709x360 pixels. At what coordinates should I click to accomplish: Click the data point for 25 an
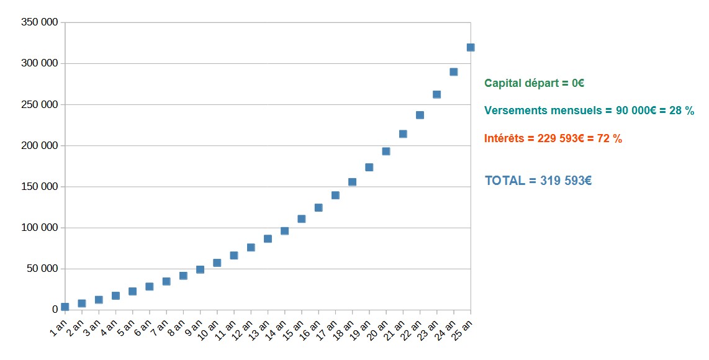(x=471, y=47)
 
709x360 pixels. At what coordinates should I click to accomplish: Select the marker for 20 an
(x=386, y=151)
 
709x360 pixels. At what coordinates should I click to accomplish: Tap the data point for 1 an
(x=65, y=307)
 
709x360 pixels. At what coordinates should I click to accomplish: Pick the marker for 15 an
(x=302, y=218)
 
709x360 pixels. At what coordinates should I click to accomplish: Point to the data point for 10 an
(x=217, y=263)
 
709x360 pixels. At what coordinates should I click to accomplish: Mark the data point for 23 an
(x=436, y=94)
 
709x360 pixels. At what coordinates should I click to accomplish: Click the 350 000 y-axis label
(x=40, y=22)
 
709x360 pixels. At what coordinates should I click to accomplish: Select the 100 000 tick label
(x=40, y=228)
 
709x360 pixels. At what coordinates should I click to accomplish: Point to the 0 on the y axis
(x=55, y=310)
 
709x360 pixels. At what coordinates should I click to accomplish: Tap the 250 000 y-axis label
(x=40, y=104)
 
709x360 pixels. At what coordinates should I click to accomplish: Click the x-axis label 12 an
(x=246, y=326)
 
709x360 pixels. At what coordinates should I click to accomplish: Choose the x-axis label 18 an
(x=348, y=326)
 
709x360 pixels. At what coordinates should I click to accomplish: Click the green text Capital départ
(x=520, y=83)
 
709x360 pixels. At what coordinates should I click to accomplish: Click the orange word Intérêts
(x=504, y=138)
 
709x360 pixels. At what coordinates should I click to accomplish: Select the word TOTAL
(x=505, y=181)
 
